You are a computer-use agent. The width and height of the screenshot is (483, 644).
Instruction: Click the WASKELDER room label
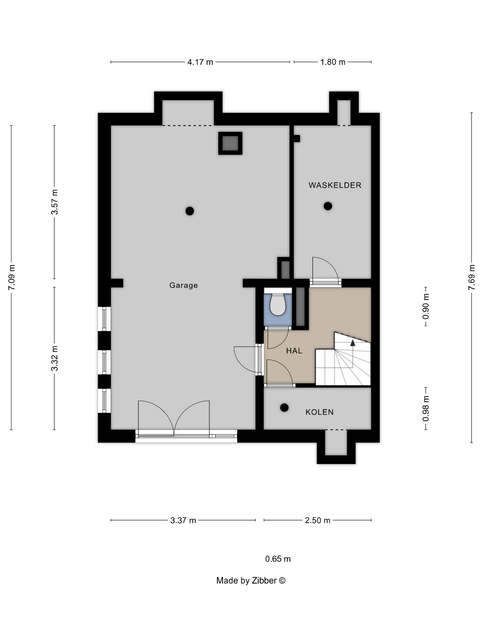[335, 185]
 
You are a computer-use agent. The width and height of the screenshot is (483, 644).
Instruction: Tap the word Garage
[183, 285]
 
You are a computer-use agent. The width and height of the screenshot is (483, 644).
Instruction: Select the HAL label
[294, 351]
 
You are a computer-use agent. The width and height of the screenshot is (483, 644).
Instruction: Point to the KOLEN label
[319, 412]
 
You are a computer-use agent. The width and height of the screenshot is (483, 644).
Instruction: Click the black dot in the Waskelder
[328, 206]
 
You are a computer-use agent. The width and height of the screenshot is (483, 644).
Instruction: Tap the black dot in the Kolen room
[284, 408]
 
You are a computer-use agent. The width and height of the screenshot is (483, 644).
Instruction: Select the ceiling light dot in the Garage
[190, 211]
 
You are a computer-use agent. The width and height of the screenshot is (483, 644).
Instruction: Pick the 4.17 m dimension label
[200, 62]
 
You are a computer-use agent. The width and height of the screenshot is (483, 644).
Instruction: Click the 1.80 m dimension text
[333, 62]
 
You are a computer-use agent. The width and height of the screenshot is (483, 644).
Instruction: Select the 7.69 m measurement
[472, 277]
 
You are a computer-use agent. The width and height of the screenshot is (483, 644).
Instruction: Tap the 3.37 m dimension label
[183, 520]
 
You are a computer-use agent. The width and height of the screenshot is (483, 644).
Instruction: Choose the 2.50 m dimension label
[318, 520]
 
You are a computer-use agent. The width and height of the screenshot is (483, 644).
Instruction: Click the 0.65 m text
[278, 559]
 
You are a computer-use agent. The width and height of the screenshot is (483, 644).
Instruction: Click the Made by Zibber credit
[251, 580]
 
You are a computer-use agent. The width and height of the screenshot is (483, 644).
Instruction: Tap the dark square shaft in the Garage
[230, 143]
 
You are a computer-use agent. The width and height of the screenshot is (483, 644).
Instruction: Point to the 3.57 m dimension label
[55, 202]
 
